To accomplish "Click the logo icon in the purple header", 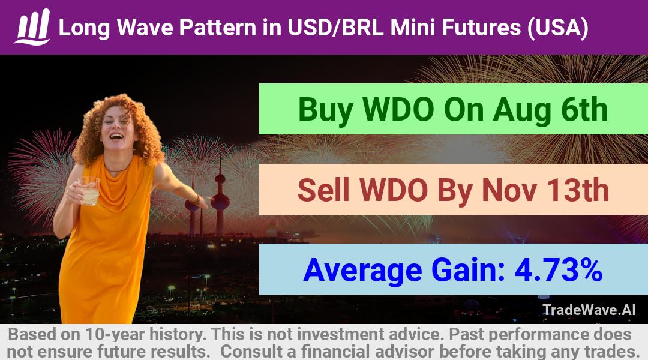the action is click(32, 27).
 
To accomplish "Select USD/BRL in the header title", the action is click(335, 28).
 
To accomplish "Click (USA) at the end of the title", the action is click(557, 28).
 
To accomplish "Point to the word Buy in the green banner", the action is click(325, 110).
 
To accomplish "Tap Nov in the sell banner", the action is click(509, 190).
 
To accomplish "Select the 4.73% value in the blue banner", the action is click(558, 270).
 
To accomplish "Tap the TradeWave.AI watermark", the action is click(589, 310).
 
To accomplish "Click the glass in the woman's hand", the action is click(89, 191).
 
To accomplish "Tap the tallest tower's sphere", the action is click(220, 201).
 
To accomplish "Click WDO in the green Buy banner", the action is click(398, 110).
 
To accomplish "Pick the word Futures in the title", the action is click(481, 28).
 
